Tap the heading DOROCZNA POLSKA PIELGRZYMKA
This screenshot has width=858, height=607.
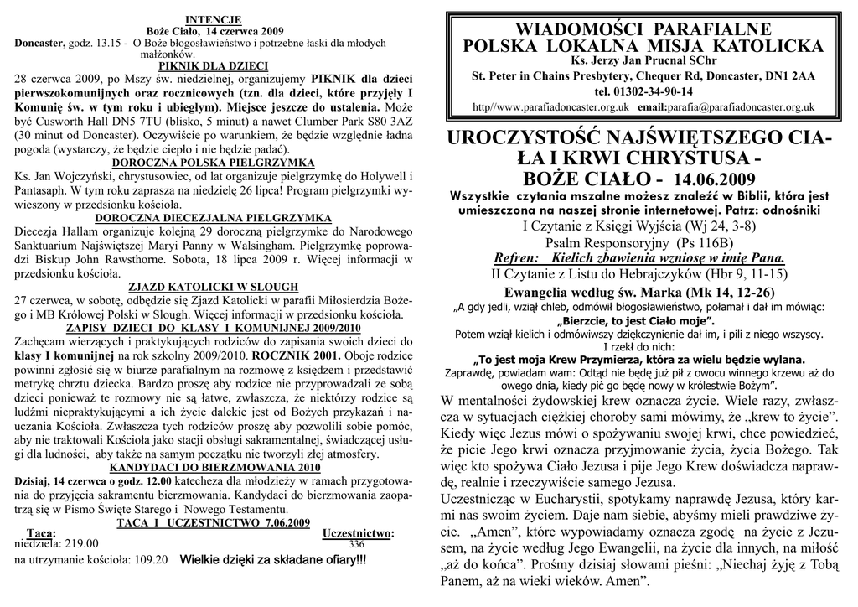[213, 162]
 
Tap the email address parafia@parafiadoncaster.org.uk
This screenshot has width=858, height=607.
[740, 107]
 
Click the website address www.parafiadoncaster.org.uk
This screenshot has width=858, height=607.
[554, 107]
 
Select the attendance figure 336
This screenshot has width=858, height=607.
[357, 544]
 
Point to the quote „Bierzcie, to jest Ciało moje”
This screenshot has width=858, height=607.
[643, 321]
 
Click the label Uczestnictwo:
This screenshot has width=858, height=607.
[358, 533]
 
